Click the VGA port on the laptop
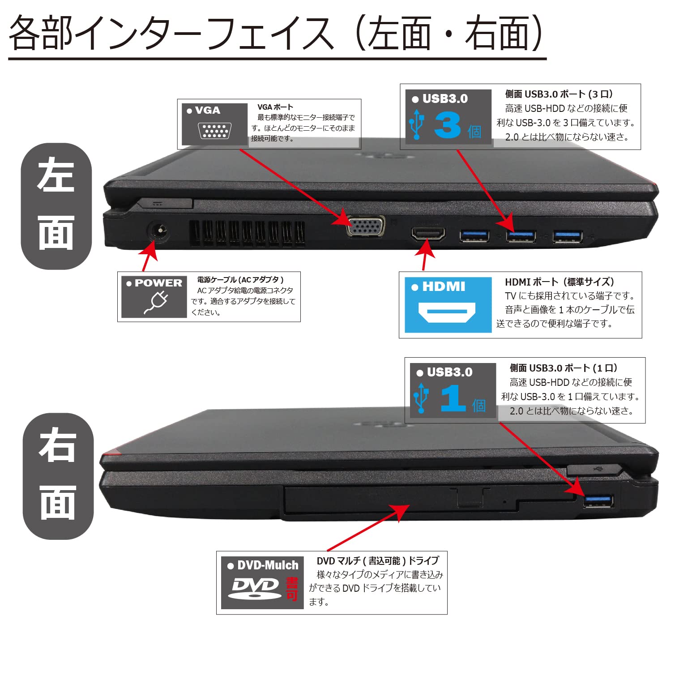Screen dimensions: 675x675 point(366,226)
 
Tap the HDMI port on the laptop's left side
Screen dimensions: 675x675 point(428,234)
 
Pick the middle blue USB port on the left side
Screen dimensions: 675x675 point(521,235)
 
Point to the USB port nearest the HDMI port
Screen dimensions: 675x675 point(474,235)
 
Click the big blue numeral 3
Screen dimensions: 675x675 point(447,125)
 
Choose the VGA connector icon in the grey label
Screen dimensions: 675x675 point(214,131)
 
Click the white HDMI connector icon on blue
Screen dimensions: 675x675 point(447,312)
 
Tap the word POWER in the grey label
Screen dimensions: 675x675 point(158,283)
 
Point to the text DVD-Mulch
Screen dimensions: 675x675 point(267,565)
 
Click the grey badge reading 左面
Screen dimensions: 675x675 point(56,206)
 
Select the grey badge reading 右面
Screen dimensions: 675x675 point(57,476)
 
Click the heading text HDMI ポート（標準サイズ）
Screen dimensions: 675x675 point(559,282)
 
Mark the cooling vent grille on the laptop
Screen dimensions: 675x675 point(247,234)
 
